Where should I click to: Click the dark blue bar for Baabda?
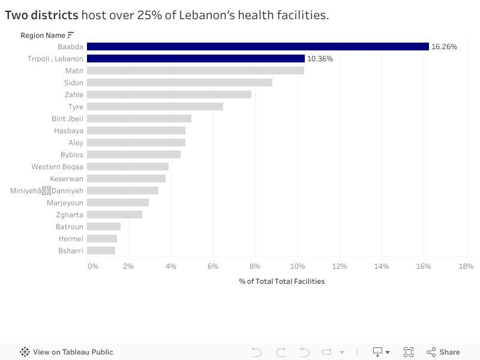point(258,47)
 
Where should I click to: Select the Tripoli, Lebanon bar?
point(196,59)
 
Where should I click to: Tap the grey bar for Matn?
point(196,71)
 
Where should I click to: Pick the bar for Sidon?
point(179,83)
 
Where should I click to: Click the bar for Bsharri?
point(101,251)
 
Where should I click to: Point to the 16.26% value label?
point(444,47)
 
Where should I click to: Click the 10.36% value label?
point(320,59)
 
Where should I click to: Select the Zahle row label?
point(74,95)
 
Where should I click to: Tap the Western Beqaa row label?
point(58,167)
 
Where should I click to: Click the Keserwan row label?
point(67,179)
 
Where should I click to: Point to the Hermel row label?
point(71,239)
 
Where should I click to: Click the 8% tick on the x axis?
point(255,266)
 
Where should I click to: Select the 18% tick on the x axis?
point(466,266)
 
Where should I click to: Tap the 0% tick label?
point(92,266)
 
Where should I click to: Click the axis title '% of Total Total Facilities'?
point(281,281)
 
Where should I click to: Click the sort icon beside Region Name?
point(71,35)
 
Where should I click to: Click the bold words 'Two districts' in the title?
point(41,15)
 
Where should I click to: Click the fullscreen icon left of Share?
point(409,352)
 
